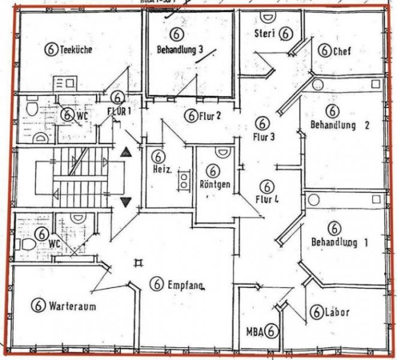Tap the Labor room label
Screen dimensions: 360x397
336,313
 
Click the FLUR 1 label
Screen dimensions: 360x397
119,111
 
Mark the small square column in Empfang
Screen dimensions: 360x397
139,262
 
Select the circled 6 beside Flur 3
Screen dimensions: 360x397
261,122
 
